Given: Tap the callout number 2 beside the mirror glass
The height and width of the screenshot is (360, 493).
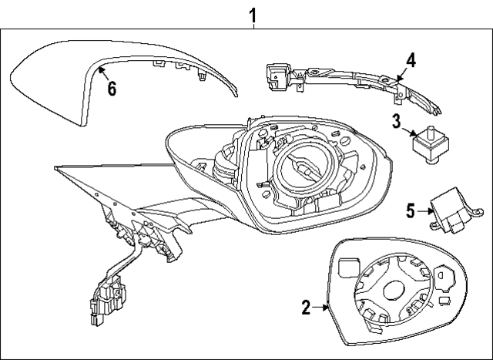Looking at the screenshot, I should tap(306, 308).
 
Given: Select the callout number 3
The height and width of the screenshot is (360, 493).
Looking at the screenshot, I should tap(396, 120).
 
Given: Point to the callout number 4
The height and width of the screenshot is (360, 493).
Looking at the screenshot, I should tap(411, 59).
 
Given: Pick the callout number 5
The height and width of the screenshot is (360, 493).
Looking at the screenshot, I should tap(411, 209).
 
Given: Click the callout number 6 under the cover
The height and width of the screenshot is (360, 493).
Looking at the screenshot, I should tap(112, 88).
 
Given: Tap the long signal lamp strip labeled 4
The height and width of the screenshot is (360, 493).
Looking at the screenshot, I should tap(347, 78).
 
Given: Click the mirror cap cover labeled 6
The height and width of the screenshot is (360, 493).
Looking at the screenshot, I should tap(54, 81).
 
